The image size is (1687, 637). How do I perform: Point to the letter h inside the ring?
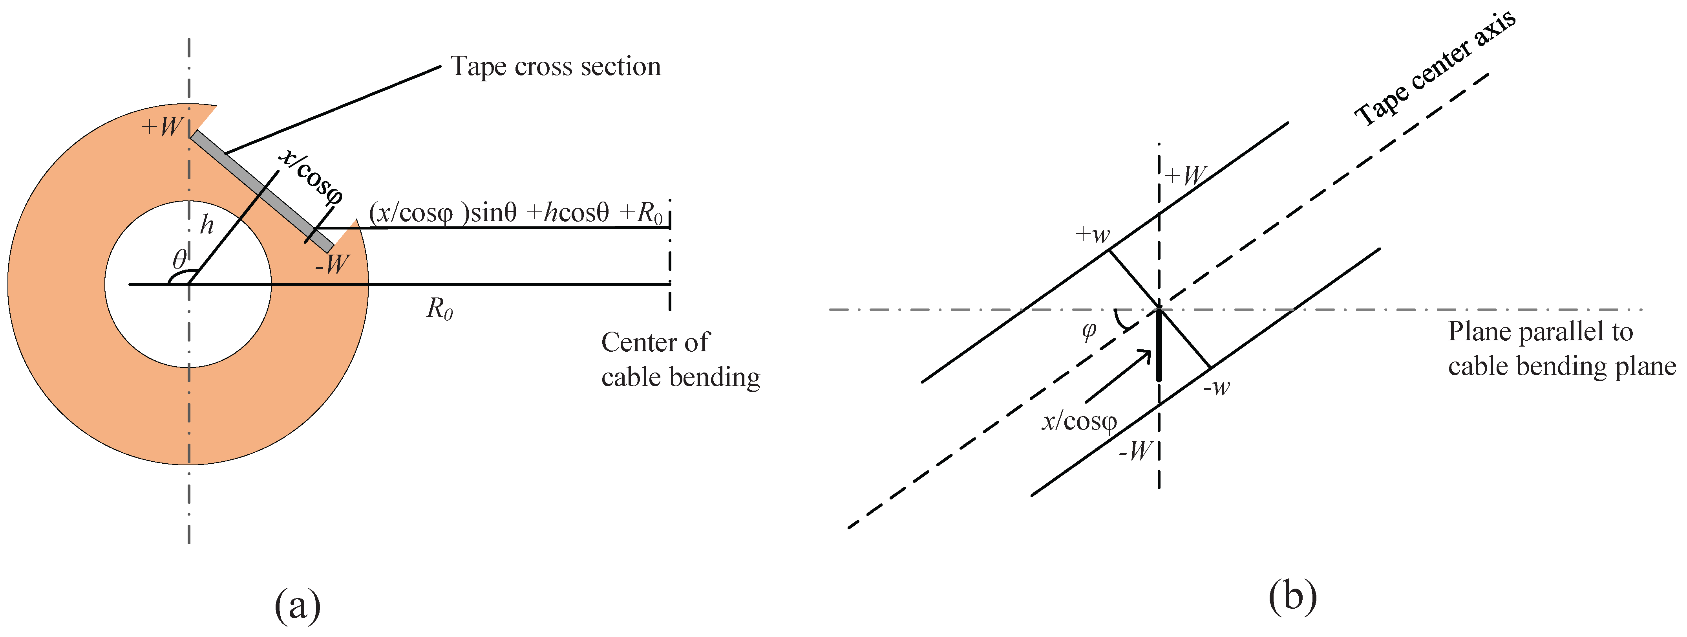[x=207, y=226]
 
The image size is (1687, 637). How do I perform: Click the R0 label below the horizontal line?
[x=439, y=308]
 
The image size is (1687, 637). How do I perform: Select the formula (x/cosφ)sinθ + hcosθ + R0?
[x=516, y=213]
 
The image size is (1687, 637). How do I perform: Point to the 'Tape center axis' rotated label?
[x=1434, y=69]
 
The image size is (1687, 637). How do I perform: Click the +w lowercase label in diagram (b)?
[x=1092, y=234]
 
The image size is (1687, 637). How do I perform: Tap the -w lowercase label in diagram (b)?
[x=1217, y=387]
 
